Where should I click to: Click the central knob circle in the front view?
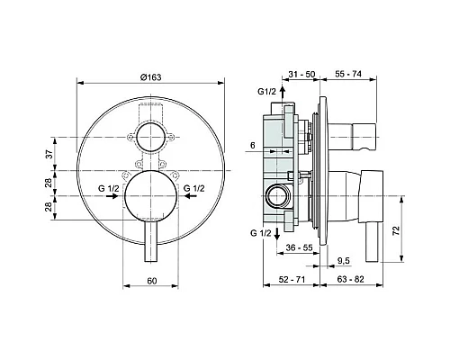click(149, 197)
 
